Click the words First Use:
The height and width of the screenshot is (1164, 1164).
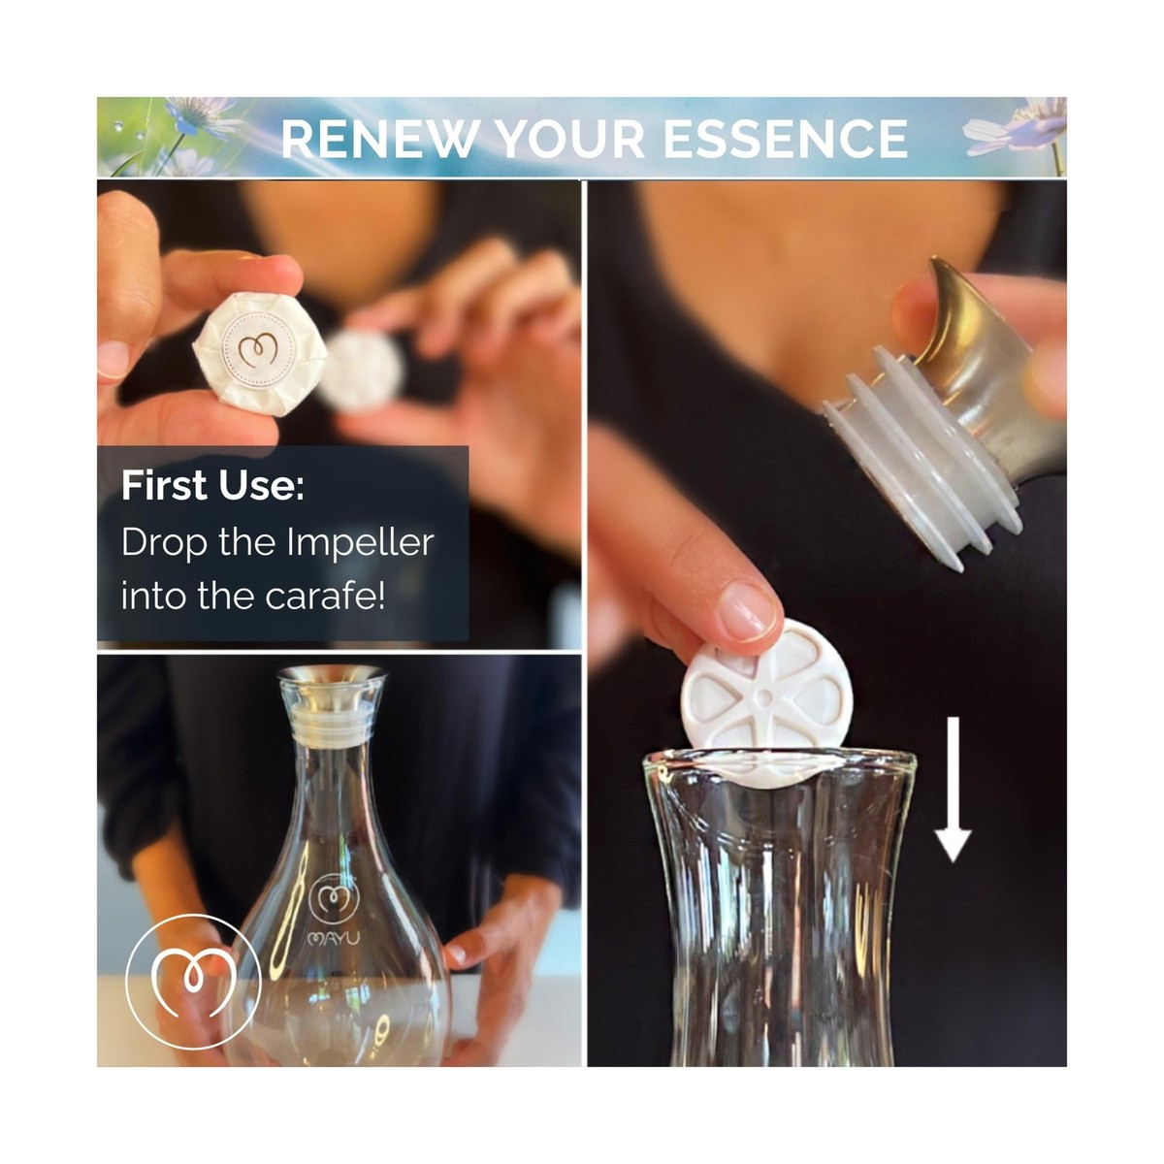pyautogui.click(x=212, y=486)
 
